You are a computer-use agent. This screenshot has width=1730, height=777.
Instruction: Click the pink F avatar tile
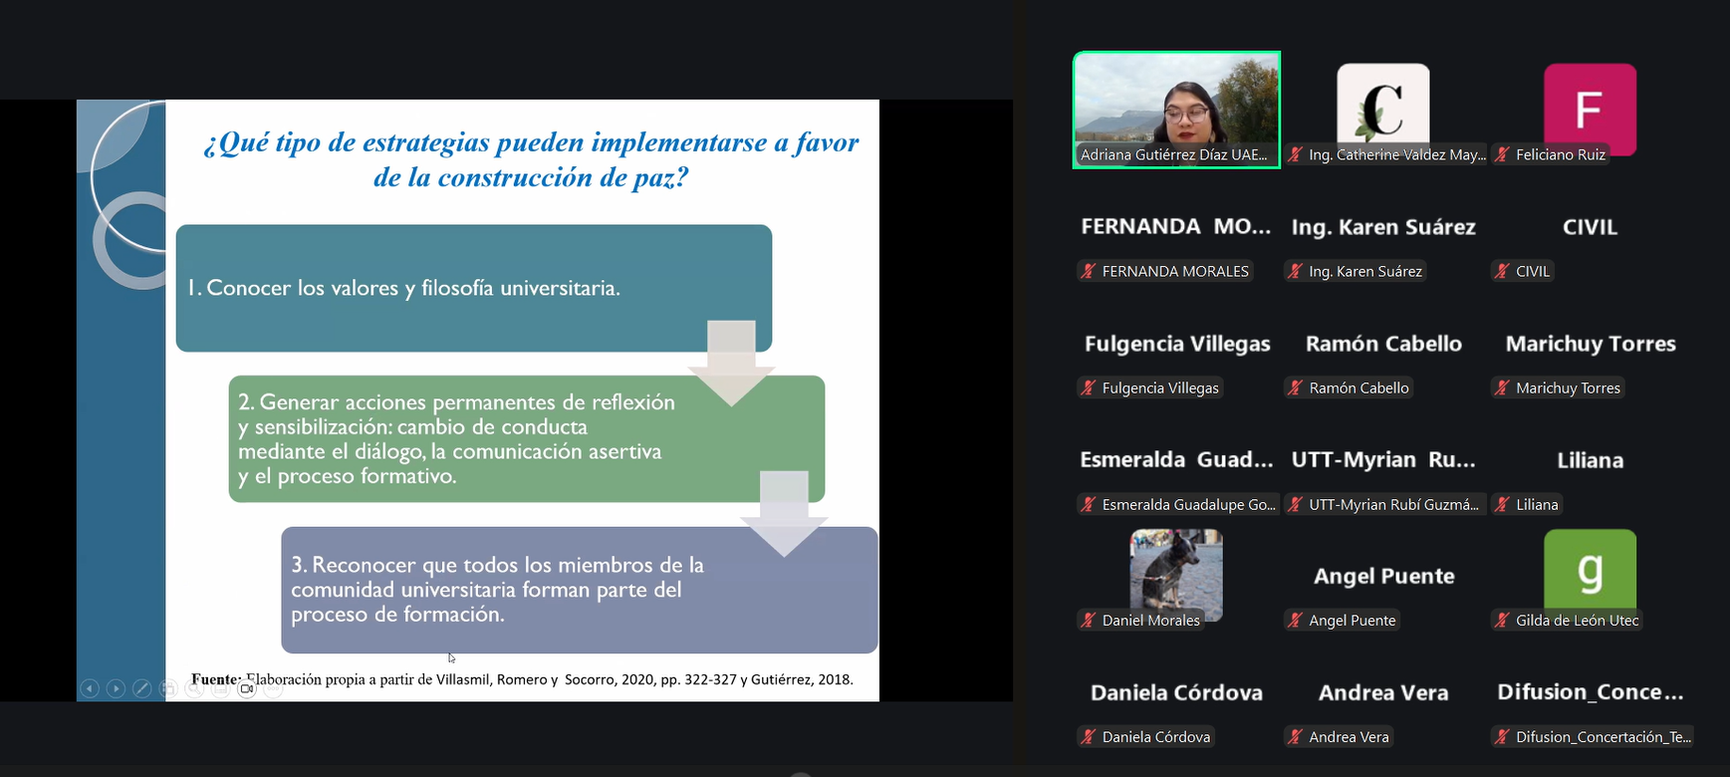(1590, 110)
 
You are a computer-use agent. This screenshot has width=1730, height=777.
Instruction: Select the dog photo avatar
(1176, 574)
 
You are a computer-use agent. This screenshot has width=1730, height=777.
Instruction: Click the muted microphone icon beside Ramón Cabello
(1296, 388)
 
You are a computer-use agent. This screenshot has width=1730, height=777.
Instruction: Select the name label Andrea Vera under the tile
(1349, 737)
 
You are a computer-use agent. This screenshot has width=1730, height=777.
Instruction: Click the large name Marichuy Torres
(1591, 344)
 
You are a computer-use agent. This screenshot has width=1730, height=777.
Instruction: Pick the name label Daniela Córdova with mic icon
(1146, 737)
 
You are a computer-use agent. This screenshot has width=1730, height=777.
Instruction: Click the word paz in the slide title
(661, 178)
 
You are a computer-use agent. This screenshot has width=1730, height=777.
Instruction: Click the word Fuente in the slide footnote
(215, 679)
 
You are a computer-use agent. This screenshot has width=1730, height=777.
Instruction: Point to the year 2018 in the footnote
(835, 679)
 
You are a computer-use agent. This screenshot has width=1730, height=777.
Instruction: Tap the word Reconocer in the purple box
(364, 565)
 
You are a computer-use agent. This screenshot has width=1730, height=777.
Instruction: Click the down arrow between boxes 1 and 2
(731, 363)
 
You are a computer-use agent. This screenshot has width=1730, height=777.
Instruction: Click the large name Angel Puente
(1383, 576)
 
